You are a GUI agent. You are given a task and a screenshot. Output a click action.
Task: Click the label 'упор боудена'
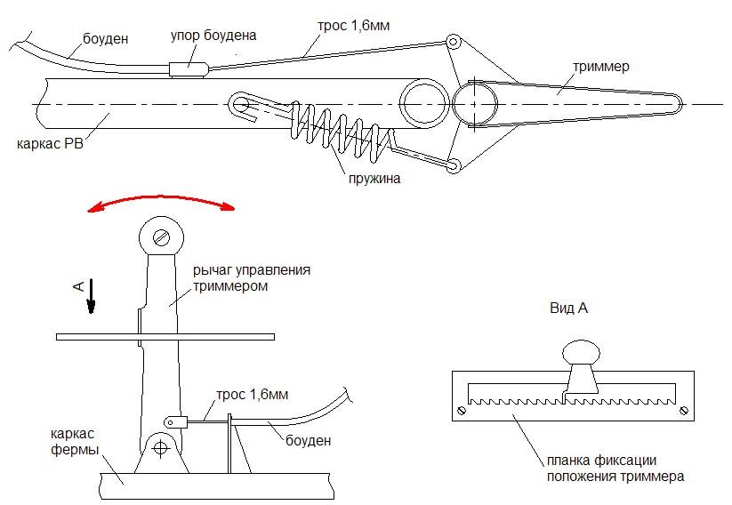tap(213, 36)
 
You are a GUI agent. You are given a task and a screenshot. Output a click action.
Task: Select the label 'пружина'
tap(375, 178)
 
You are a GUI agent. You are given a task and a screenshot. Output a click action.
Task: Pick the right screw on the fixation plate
tap(682, 410)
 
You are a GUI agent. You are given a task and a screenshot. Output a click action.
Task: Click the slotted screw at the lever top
tap(161, 236)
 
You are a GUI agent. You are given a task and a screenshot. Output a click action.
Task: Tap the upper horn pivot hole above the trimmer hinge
tap(453, 41)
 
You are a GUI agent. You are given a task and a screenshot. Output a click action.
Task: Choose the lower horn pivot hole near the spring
tap(453, 166)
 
